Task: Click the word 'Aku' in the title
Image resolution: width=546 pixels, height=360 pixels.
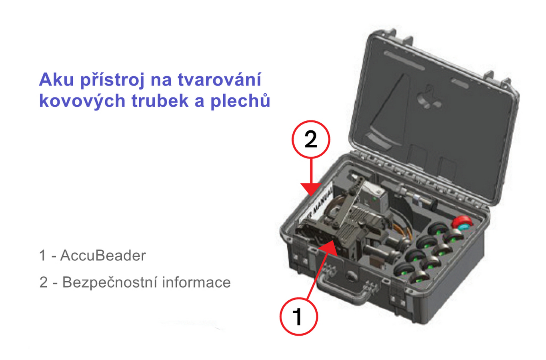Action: (56, 80)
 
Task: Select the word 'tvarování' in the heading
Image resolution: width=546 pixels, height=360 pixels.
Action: (219, 80)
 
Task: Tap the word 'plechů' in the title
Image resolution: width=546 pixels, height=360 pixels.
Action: (240, 101)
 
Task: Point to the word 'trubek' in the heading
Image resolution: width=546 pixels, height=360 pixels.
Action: (160, 100)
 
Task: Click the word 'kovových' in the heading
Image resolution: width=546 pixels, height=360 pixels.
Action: (82, 101)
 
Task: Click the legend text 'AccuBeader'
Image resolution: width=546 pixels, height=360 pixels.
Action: (103, 256)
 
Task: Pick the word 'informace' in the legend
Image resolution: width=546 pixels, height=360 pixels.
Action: (196, 282)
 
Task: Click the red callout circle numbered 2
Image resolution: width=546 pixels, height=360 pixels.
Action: (311, 140)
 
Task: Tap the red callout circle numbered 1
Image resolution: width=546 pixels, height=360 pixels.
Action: (298, 316)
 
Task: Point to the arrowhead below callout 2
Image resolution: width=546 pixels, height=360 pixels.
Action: (311, 189)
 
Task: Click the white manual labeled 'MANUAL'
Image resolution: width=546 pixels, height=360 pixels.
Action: (318, 204)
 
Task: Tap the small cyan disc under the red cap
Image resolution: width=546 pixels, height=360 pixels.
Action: (462, 228)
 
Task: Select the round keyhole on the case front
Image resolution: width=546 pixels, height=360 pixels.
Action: (351, 276)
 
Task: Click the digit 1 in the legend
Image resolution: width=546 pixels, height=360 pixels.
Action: (42, 256)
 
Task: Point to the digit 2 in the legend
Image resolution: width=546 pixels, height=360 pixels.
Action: (43, 282)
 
